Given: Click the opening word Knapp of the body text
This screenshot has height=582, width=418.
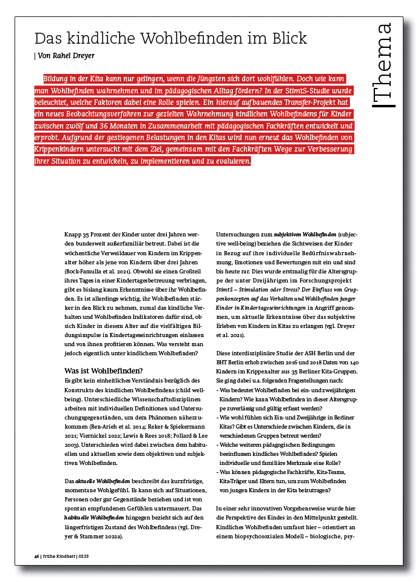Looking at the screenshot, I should coord(73,233).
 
